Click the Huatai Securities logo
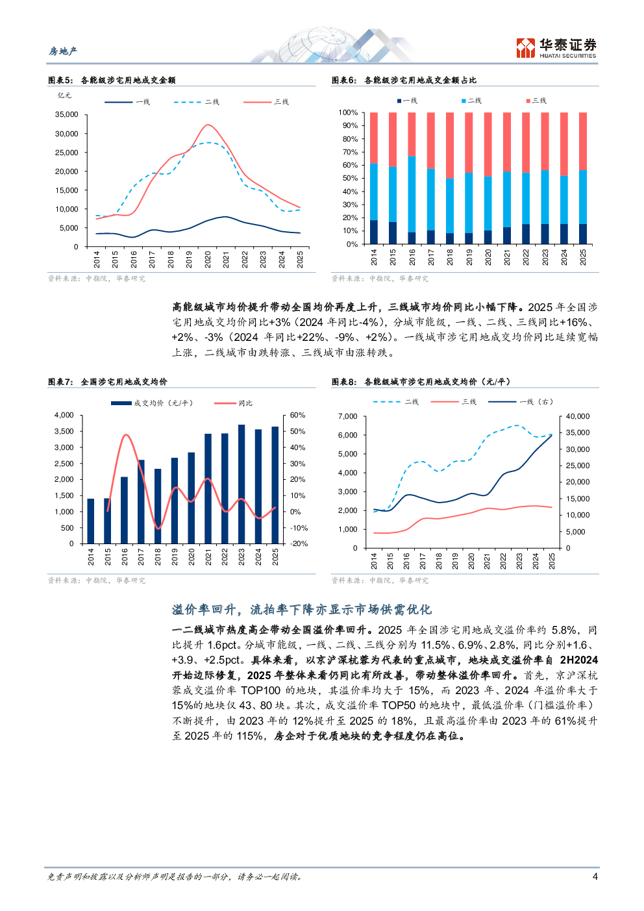click(x=556, y=48)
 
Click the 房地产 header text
click(x=63, y=51)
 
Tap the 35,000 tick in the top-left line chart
click(x=67, y=114)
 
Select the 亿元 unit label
click(x=64, y=95)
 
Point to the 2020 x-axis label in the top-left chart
click(x=208, y=259)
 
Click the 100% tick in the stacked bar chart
click(x=348, y=112)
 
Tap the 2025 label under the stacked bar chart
click(x=583, y=257)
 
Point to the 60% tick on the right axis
click(x=297, y=415)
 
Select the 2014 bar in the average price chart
click(x=91, y=521)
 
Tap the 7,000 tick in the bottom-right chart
click(x=348, y=416)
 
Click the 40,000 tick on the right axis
click(x=578, y=416)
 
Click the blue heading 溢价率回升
click(x=302, y=610)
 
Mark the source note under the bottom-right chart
click(x=380, y=580)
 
